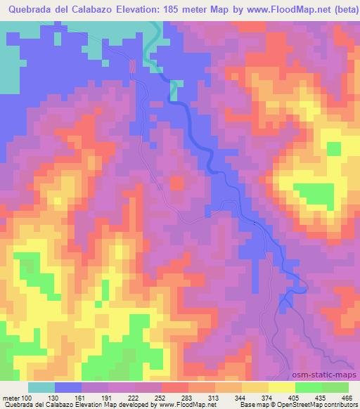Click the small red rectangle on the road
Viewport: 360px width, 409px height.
click(x=131, y=65)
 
